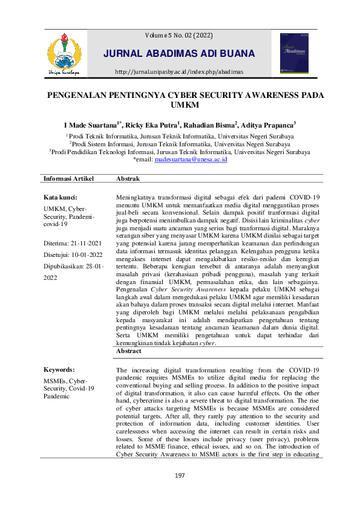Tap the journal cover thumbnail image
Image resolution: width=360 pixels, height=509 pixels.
293,53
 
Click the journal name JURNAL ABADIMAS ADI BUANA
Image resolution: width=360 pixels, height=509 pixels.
180,54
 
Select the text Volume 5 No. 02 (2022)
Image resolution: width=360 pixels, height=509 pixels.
180,36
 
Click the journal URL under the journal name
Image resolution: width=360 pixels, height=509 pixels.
180,72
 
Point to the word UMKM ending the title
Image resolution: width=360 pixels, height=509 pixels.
180,107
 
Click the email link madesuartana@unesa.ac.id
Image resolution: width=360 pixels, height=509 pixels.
191,160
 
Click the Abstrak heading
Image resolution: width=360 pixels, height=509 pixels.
128,180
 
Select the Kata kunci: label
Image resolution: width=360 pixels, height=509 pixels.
61,198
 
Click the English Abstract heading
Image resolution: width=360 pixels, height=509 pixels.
129,351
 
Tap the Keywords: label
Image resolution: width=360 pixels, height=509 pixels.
59,369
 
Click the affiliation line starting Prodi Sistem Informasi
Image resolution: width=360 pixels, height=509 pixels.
180,144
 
